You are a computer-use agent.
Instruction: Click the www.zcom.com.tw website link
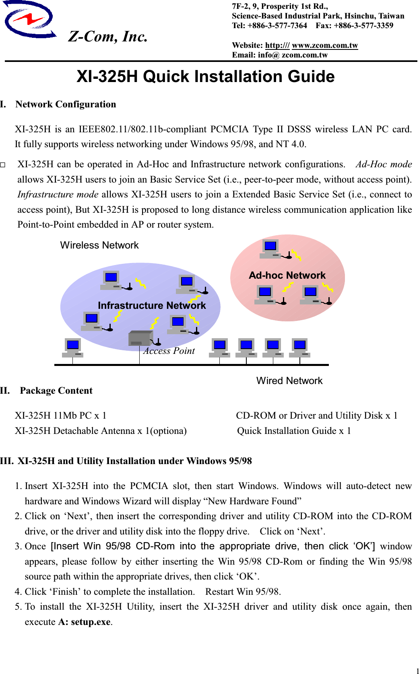(x=325, y=45)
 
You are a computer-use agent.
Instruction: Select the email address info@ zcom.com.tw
(x=293, y=55)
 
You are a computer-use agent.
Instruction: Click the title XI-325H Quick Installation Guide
(x=205, y=76)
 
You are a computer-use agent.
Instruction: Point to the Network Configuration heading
(x=66, y=104)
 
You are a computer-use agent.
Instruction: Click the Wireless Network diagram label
(x=99, y=245)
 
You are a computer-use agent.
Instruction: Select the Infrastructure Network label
(x=152, y=305)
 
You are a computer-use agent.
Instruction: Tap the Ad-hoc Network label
(x=287, y=275)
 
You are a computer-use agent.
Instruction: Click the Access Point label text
(x=169, y=351)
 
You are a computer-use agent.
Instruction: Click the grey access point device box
(x=140, y=338)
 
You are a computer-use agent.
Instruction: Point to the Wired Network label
(x=289, y=380)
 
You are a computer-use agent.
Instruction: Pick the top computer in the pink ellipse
(x=270, y=249)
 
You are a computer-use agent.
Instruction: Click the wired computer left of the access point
(x=72, y=347)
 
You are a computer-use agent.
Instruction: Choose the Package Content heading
(x=56, y=390)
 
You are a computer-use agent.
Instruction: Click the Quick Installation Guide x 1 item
(x=294, y=431)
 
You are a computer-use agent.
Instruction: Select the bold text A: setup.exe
(x=84, y=622)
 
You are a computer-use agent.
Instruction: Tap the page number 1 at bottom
(x=417, y=670)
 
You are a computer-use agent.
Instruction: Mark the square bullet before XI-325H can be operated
(x=3, y=164)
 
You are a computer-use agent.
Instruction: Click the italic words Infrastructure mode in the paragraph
(x=58, y=194)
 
